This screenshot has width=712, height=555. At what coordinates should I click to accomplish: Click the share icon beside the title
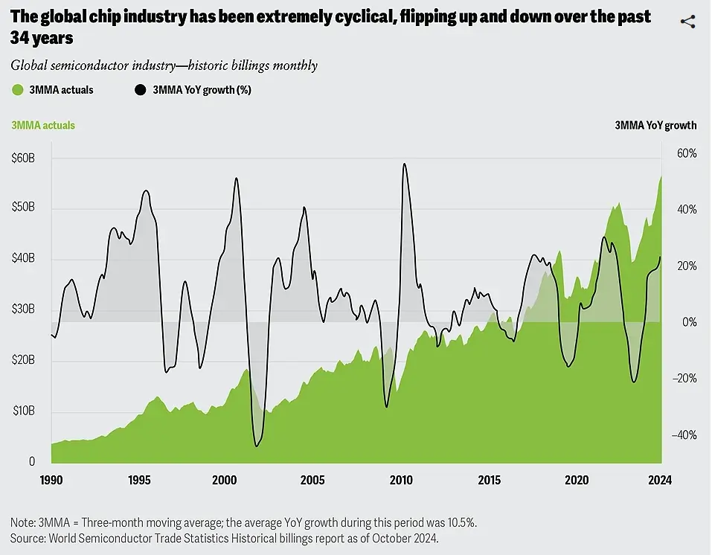point(687,21)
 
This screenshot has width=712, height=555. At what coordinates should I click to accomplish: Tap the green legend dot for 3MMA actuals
point(18,90)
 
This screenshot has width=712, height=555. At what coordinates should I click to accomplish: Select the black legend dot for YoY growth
point(140,90)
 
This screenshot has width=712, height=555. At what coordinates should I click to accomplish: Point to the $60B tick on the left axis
point(23,158)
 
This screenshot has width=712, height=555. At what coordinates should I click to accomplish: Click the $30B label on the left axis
point(23,309)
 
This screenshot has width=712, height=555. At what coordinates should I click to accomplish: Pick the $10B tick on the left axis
point(23,411)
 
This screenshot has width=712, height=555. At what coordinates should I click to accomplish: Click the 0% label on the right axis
point(690,322)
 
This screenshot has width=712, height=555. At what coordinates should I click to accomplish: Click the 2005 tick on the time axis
point(312,480)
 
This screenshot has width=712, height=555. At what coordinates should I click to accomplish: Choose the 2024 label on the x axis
point(659,480)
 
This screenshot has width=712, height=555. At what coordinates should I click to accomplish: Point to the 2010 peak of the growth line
point(403,164)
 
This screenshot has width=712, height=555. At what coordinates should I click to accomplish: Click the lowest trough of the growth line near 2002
point(257,446)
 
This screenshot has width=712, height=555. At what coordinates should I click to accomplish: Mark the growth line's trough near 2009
point(386,406)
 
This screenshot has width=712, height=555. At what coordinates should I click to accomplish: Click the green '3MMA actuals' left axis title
point(43,126)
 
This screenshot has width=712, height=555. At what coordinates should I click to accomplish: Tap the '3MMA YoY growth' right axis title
point(655,126)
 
